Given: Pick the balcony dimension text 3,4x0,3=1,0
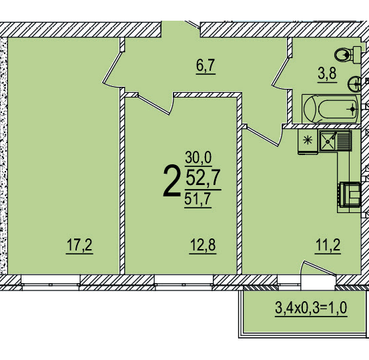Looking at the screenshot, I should click(x=311, y=309).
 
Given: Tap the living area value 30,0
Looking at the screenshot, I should click(x=198, y=158).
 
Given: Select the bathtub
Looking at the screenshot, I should click(x=330, y=108).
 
